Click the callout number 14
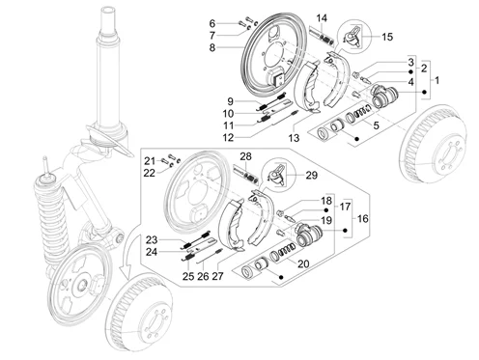322,18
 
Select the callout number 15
387,37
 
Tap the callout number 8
212,47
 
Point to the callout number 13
294,138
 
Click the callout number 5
376,125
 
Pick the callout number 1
437,80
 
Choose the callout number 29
311,176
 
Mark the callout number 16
362,219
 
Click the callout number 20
303,263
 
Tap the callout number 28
245,156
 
